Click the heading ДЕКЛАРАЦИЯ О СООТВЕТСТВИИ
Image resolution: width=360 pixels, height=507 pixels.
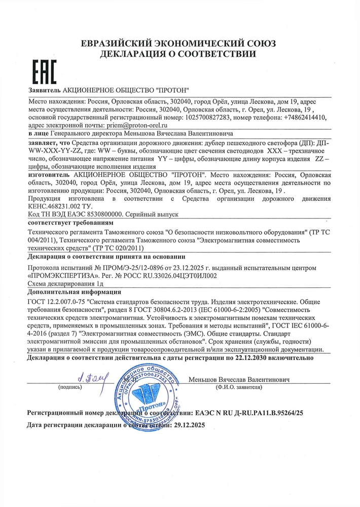179,54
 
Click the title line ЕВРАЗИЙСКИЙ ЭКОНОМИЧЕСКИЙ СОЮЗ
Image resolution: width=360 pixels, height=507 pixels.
179,44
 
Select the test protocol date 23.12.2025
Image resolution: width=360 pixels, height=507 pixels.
174,268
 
